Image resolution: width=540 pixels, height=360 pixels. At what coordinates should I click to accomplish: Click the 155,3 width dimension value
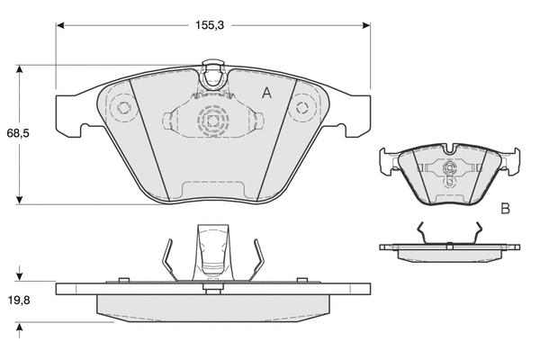210,25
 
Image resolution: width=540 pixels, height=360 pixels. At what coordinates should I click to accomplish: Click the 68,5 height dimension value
18,133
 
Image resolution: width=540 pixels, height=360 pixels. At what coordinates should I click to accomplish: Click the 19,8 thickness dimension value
19,300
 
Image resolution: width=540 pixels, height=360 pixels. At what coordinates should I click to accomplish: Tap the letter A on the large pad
267,93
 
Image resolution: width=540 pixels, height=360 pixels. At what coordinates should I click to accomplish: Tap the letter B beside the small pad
505,209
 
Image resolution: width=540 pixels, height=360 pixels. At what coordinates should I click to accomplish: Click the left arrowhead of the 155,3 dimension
60,25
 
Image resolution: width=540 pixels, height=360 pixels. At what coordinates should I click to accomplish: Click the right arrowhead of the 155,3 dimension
366,25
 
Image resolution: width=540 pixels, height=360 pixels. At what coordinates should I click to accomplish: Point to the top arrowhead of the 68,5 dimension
20,69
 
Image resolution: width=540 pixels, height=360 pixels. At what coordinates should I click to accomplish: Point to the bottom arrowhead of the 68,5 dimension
20,200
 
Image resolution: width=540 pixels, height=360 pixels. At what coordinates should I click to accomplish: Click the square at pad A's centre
212,121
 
